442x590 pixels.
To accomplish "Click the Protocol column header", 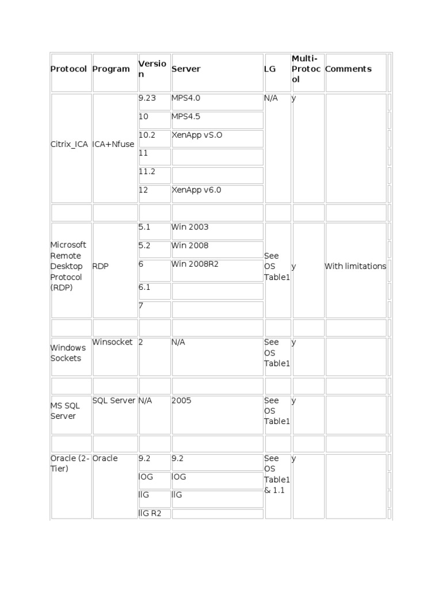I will (68, 69).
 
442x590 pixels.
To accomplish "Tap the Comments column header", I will (348, 69).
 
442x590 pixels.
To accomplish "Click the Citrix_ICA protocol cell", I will (70, 145).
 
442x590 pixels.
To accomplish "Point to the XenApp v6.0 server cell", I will (196, 191).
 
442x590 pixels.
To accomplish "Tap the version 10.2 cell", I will (147, 135).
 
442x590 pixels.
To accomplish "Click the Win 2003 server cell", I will (190, 228).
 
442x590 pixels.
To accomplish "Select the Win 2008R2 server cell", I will (195, 264).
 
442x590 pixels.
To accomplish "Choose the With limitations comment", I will (356, 267).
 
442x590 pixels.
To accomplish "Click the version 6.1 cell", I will (144, 287).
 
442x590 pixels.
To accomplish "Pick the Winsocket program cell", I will (113, 342).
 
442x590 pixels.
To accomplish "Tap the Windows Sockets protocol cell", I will (68, 353).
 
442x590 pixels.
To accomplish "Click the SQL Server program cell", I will (114, 401).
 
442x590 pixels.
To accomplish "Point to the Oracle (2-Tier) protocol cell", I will (70, 464).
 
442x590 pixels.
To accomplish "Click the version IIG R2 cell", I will (151, 513).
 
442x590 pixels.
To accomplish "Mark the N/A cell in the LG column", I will (271, 99).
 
